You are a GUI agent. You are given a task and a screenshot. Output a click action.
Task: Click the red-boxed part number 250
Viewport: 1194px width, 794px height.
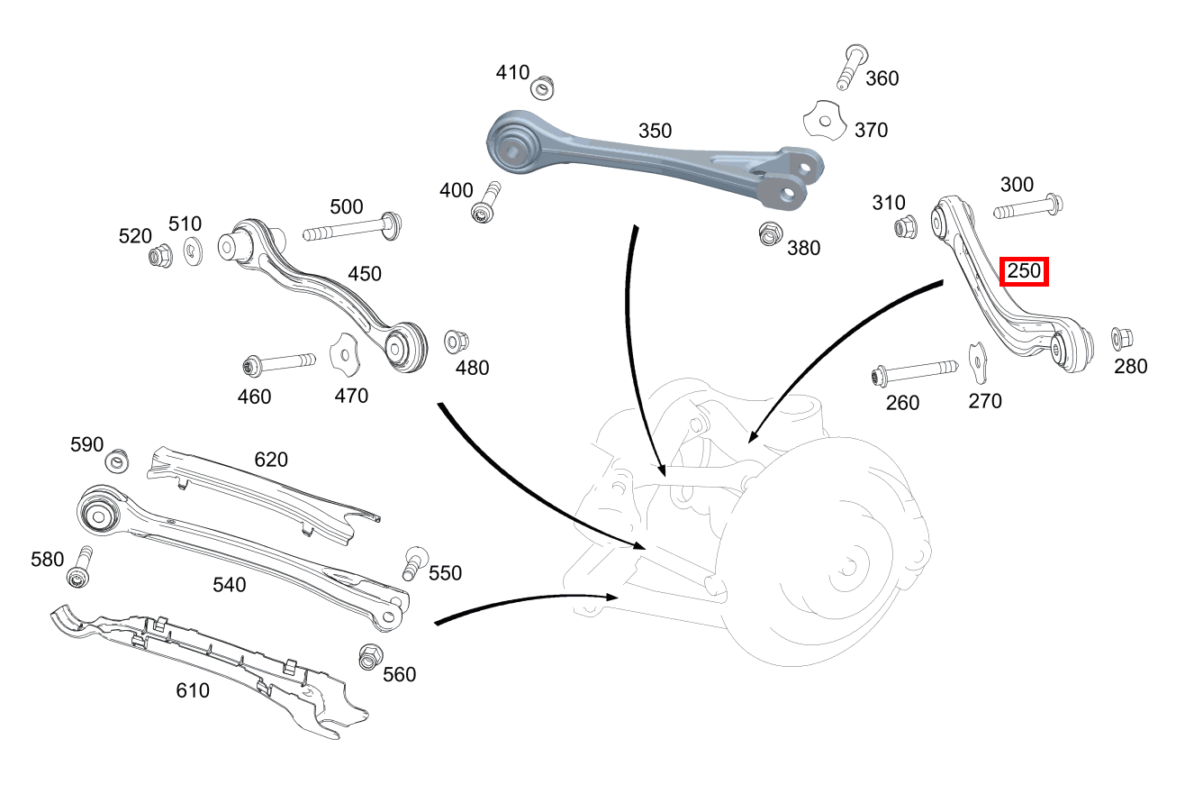point(1024,270)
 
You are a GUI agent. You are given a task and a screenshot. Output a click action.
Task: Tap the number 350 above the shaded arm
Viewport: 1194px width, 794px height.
point(655,131)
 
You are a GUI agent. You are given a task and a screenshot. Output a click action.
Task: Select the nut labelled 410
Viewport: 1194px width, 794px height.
point(541,88)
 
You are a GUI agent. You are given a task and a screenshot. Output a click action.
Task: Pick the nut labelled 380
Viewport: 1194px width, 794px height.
point(771,233)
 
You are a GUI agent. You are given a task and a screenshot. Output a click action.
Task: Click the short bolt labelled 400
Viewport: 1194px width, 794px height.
point(486,203)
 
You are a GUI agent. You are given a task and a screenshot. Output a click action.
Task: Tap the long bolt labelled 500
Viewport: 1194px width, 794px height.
point(352,231)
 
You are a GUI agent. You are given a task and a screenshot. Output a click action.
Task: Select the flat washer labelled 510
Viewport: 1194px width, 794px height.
point(194,251)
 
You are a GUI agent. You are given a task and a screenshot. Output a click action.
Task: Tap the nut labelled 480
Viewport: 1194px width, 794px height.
point(455,342)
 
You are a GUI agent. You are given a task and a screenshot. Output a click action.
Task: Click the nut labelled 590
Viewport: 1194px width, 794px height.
point(117,462)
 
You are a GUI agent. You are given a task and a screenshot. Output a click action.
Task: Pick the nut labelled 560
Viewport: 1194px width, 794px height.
point(369,656)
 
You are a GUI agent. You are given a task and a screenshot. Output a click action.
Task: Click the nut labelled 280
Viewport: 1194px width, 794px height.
point(1121,338)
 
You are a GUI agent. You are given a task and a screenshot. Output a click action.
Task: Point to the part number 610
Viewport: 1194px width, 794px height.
point(193,690)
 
